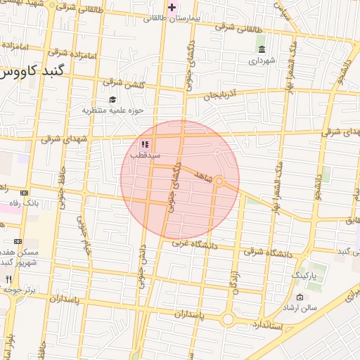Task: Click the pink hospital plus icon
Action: click(172, 7)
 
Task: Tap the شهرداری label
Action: click(262, 60)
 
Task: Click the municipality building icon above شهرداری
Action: click(262, 49)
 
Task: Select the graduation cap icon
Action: click(112, 99)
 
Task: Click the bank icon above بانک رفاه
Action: click(25, 193)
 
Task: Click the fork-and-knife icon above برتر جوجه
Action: click(8, 278)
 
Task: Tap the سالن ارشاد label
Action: click(300, 308)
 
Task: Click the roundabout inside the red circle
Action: click(219, 181)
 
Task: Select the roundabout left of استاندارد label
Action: click(228, 319)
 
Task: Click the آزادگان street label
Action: click(233, 280)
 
